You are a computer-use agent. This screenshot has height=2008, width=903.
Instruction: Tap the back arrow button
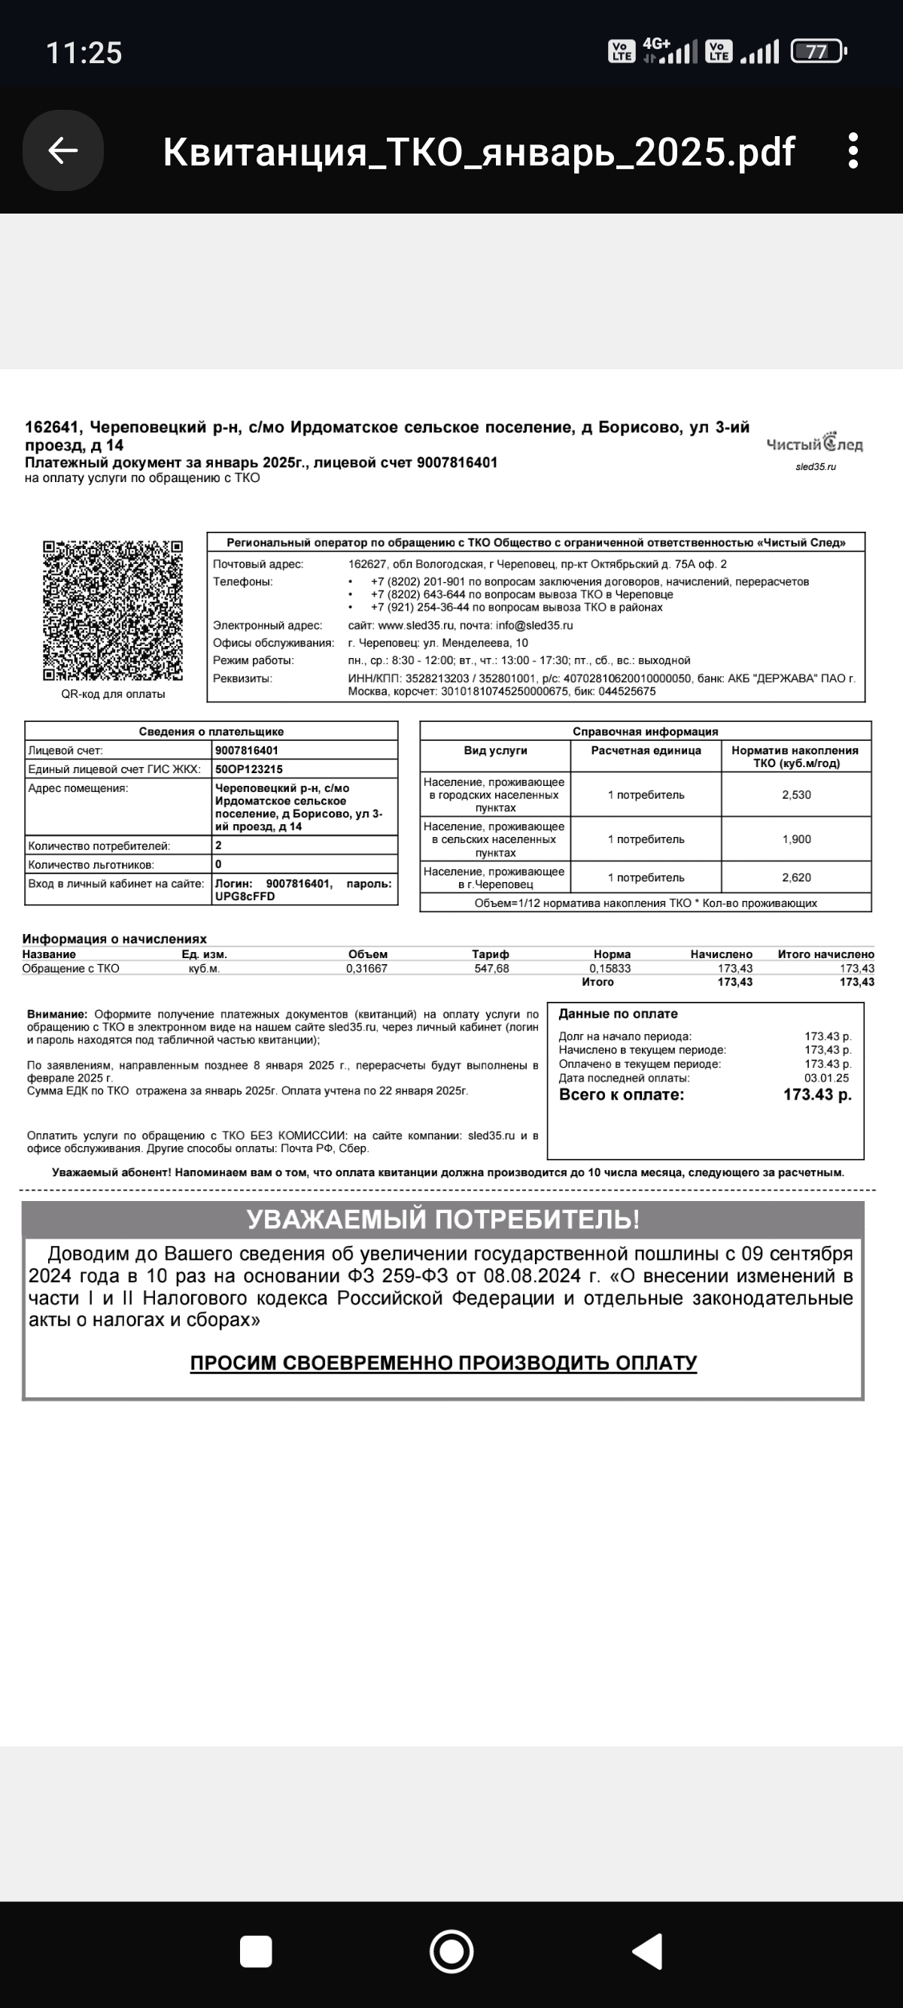tap(63, 150)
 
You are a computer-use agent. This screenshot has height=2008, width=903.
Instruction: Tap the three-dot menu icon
tap(853, 150)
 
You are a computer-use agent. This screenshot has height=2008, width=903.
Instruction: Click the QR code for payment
tap(113, 611)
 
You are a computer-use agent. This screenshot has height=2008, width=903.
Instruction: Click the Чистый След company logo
tap(815, 445)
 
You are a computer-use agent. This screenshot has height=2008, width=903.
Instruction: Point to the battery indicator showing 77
tap(817, 52)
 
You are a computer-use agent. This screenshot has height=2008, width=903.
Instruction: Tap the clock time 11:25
tap(84, 53)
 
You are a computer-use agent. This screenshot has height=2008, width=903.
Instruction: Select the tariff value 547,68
tap(491, 968)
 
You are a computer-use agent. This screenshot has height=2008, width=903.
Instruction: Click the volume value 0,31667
tap(366, 968)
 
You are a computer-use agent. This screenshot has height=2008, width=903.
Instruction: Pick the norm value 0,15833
tap(610, 968)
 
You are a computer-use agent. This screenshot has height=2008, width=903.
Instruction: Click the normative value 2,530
tap(796, 795)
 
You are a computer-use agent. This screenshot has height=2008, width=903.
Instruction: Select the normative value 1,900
tap(796, 839)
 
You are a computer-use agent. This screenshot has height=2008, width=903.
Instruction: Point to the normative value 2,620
tap(796, 878)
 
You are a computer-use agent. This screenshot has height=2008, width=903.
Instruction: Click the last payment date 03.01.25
tap(826, 1078)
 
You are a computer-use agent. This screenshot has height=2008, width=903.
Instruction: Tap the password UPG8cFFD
tap(245, 896)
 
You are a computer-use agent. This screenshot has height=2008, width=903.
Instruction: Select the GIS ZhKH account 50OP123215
tap(249, 769)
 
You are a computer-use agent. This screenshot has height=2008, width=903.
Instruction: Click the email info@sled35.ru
tap(534, 625)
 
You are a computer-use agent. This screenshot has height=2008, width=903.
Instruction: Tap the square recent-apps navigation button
tap(256, 1951)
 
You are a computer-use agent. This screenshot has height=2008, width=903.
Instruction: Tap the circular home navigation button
tap(451, 1951)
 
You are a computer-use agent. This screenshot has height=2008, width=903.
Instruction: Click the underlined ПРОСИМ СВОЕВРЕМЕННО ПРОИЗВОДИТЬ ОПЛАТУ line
tap(443, 1363)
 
